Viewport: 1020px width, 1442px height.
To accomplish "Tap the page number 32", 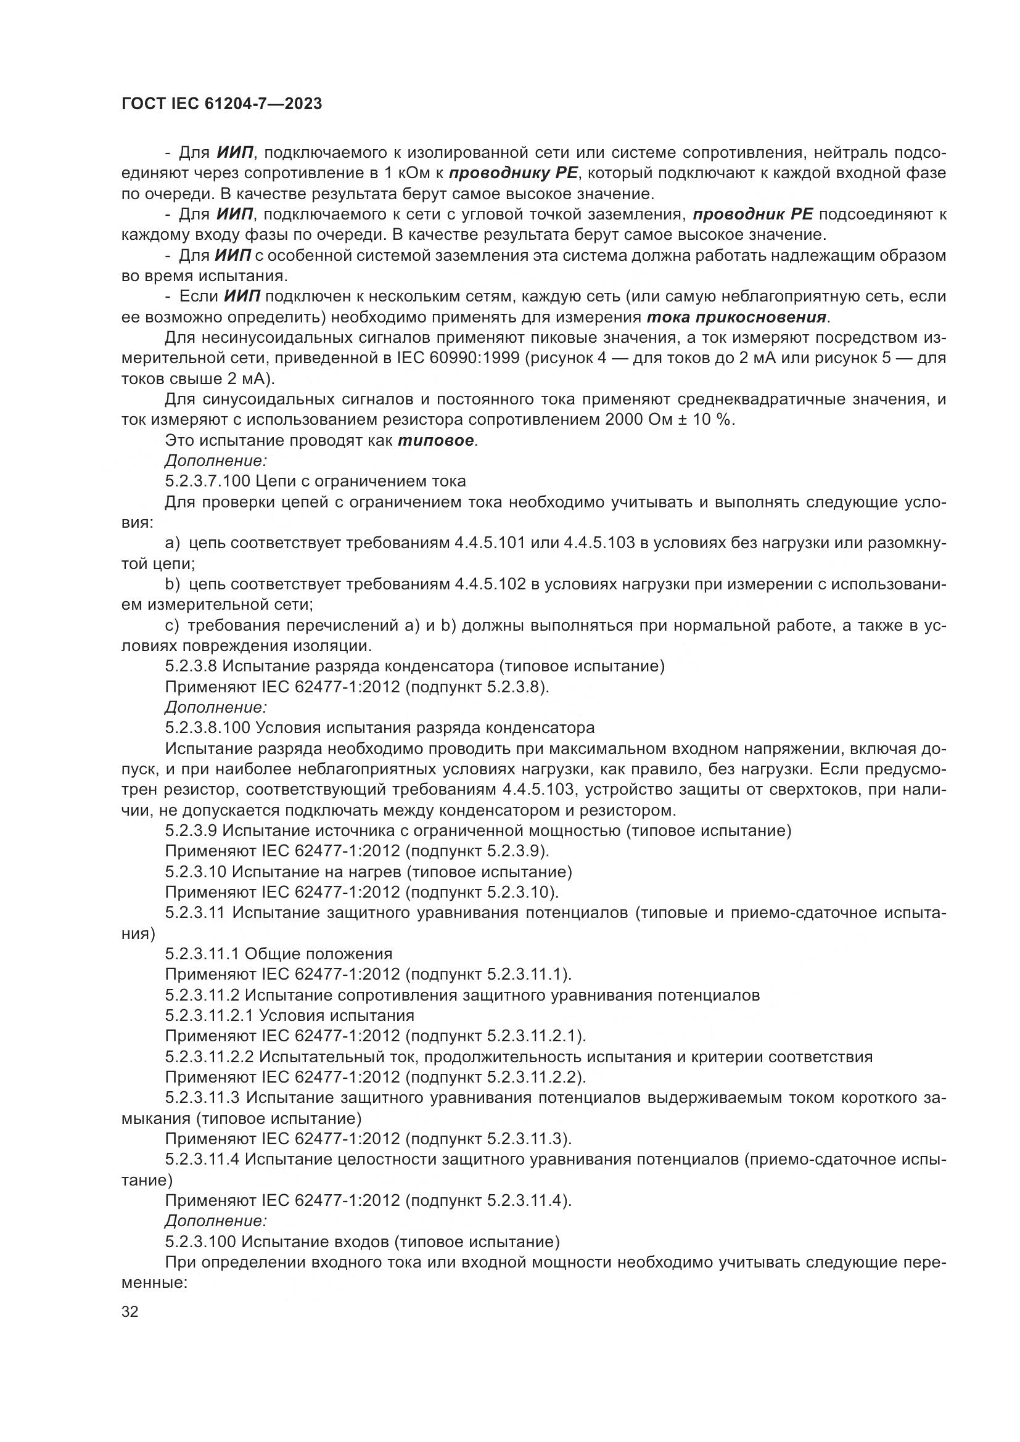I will tap(130, 1312).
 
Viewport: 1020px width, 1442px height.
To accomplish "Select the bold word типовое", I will tap(437, 441).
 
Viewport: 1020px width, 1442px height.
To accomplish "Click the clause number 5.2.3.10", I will tap(195, 872).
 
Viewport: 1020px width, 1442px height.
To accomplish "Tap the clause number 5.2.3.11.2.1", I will tap(209, 1015).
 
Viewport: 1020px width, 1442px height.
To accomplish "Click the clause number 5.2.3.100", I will tap(200, 1242).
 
